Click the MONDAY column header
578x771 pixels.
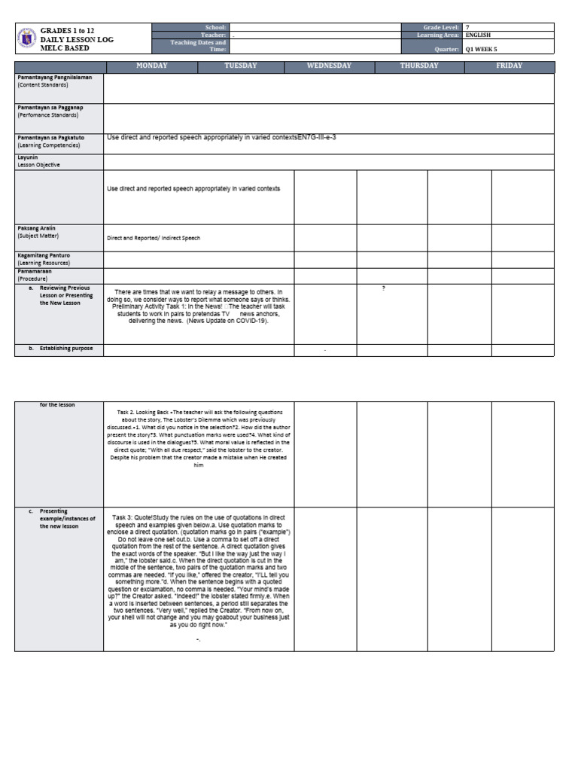(151, 66)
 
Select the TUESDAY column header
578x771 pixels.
(241, 66)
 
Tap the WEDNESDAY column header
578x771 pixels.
(329, 66)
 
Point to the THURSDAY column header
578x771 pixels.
(419, 66)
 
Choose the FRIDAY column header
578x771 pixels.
(510, 66)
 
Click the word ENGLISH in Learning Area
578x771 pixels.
(479, 35)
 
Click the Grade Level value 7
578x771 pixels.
(467, 27)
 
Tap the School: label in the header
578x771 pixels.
(215, 27)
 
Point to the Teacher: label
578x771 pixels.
(214, 35)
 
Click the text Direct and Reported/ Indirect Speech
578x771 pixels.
(154, 238)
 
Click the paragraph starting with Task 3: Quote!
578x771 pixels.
(199, 582)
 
